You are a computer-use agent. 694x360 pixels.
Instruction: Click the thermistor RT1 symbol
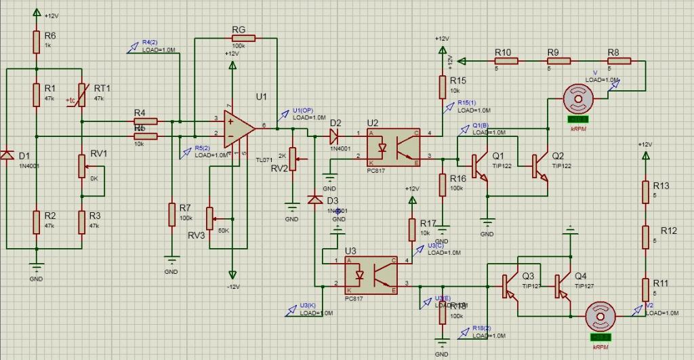pos(81,95)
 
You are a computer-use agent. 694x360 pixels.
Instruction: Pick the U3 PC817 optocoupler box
pos(371,273)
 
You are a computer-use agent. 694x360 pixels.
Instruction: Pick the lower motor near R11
pos(600,317)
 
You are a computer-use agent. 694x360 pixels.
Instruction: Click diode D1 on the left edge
pos(7,157)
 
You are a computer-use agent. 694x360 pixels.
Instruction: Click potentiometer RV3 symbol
pos(210,218)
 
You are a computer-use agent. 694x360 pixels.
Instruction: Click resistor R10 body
pos(506,61)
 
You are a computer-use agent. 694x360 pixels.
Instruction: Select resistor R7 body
pos(172,215)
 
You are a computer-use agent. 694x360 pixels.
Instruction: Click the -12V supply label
pos(232,286)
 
